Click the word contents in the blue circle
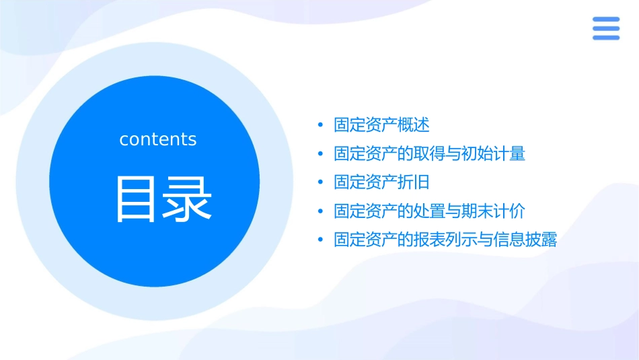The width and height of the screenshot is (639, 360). tap(158, 139)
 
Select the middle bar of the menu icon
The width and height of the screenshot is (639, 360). tap(605, 28)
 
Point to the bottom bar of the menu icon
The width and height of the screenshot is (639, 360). tap(605, 38)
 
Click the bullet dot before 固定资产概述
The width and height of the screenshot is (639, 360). tap(321, 125)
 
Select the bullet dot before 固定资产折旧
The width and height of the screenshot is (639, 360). tap(321, 182)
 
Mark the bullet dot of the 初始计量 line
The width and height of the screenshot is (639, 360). tap(321, 154)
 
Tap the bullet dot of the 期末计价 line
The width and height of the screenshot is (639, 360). tap(321, 211)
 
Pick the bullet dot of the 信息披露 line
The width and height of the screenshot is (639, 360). tap(321, 240)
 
